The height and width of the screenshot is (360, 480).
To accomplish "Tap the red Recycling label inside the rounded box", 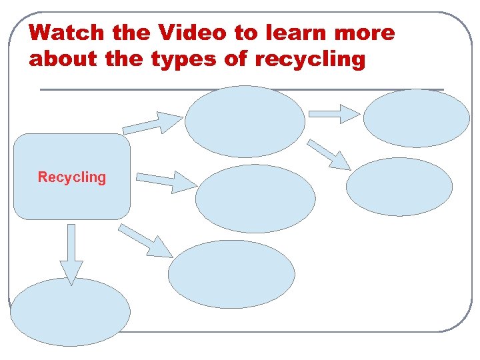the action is [x=72, y=177].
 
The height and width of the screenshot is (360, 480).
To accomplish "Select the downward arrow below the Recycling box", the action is [x=71, y=253].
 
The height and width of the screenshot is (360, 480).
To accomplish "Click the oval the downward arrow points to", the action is [x=70, y=312].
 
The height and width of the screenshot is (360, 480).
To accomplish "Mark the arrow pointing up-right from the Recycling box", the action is [x=153, y=123].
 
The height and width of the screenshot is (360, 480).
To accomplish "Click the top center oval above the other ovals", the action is [x=245, y=121].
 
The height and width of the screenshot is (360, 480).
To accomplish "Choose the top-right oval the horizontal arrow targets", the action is [x=417, y=118].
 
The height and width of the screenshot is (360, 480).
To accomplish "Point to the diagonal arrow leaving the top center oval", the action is [x=330, y=155].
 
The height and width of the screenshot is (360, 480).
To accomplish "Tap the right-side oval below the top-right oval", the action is [x=399, y=187].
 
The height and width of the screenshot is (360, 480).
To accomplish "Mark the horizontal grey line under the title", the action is [x=241, y=89].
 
